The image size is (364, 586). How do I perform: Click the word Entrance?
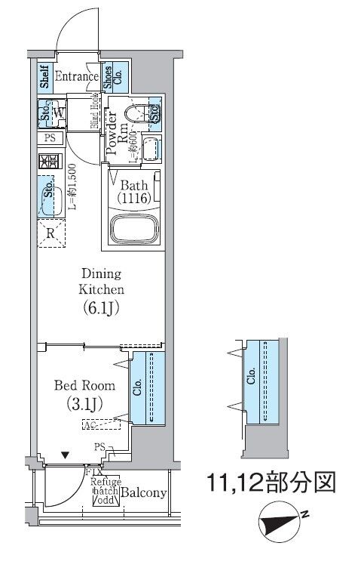75,76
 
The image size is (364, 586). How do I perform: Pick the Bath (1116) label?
133,191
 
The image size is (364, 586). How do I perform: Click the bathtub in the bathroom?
135,229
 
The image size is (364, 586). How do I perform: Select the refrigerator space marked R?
50,233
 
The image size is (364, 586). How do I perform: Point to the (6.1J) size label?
100,307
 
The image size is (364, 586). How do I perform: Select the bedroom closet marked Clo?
146,387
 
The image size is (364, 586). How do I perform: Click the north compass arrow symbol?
277,523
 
